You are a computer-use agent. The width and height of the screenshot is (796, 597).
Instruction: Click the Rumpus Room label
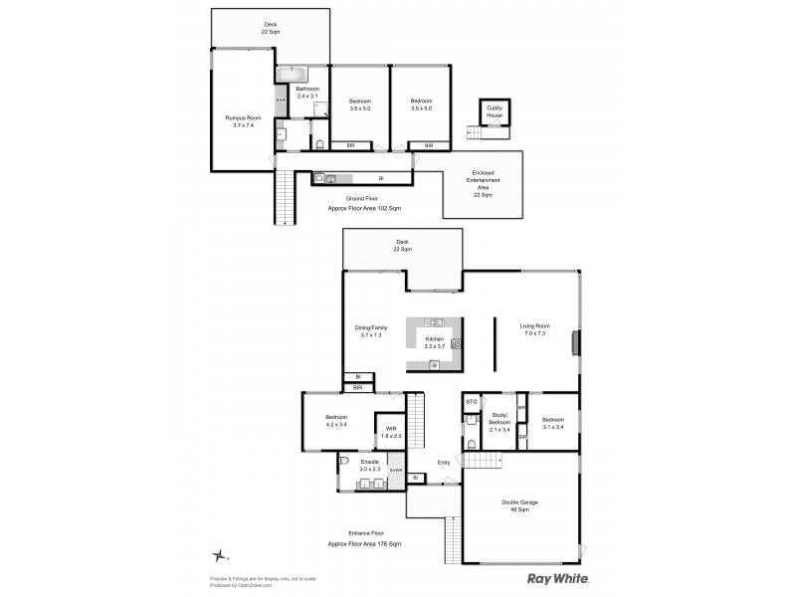click(243, 121)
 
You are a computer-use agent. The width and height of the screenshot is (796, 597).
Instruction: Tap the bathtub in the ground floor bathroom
click(293, 74)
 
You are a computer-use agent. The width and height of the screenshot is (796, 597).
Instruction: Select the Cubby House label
click(495, 115)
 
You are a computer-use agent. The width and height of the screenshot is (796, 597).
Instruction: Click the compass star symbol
click(228, 555)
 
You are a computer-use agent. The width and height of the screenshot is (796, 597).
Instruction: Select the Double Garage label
click(519, 506)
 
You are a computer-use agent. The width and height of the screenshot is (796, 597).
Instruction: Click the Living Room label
click(535, 329)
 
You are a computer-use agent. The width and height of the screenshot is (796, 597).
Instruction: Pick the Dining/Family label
click(371, 329)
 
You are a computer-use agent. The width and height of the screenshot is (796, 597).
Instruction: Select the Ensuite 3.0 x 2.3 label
click(369, 466)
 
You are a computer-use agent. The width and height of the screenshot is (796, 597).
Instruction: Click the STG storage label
click(472, 402)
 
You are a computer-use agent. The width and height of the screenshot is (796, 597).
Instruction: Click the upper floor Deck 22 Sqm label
click(402, 245)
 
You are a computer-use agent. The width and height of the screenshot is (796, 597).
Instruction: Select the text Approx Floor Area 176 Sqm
click(364, 544)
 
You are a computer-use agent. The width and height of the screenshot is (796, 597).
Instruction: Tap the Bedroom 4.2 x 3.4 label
click(335, 421)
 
